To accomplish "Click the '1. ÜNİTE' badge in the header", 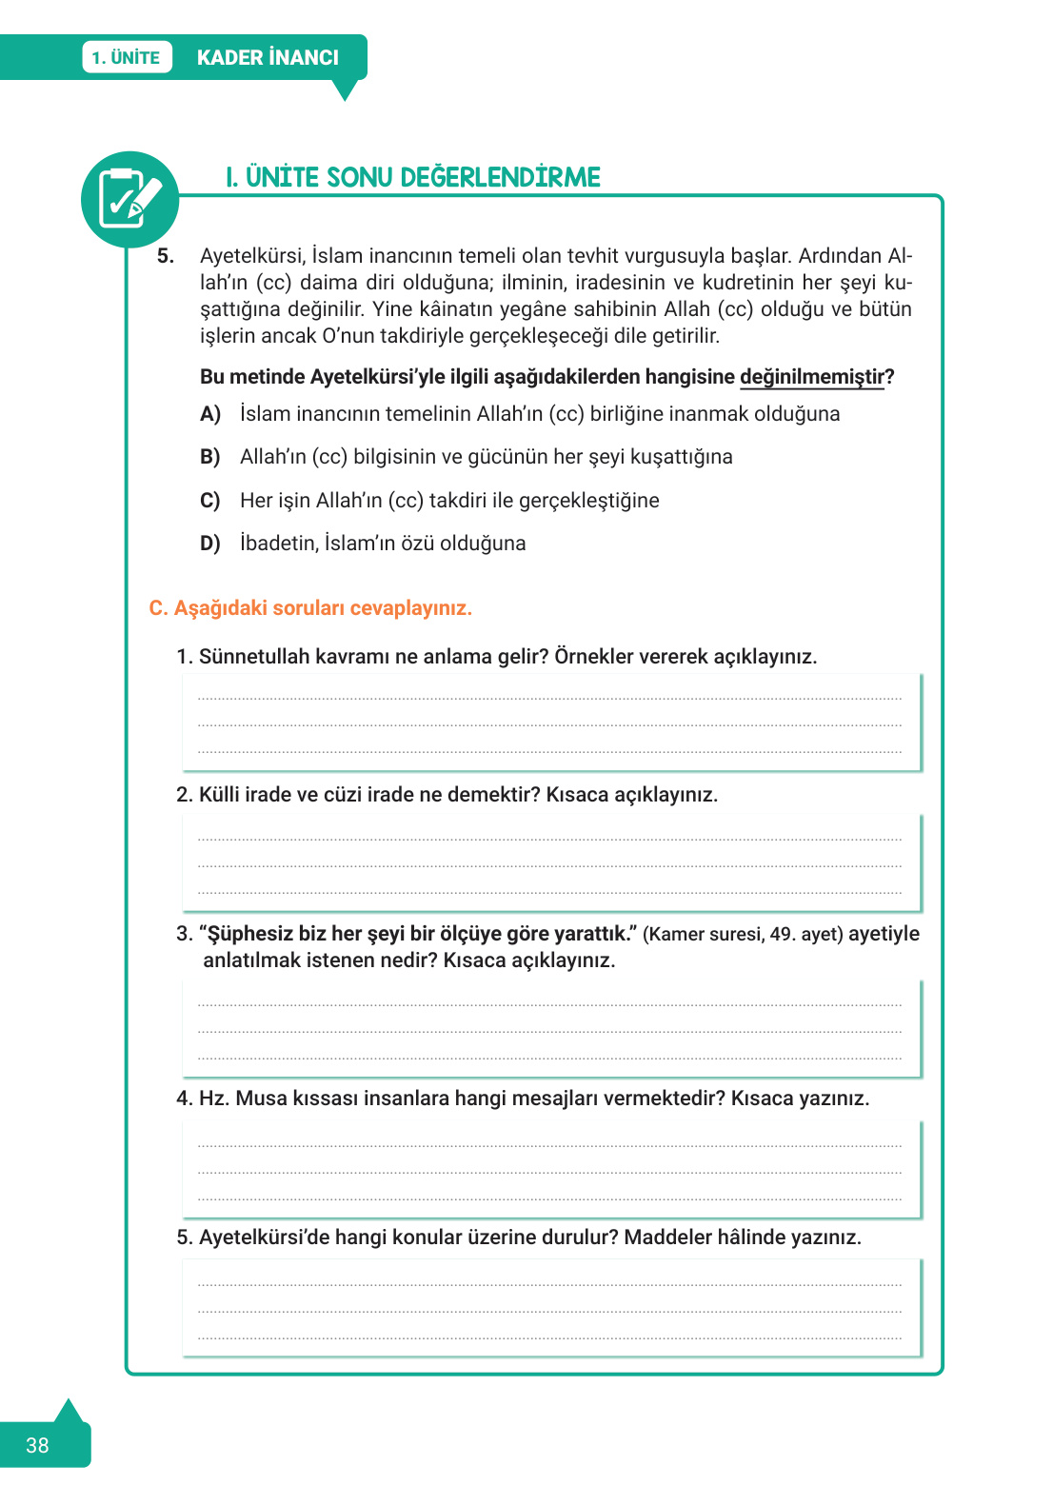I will click(127, 57).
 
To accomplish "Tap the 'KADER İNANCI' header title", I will click(268, 57).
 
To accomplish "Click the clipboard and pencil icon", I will click(129, 199).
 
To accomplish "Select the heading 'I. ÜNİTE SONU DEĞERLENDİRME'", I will click(413, 178).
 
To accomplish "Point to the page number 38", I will click(37, 1445).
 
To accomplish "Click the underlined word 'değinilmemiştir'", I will click(812, 377).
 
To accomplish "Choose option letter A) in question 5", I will click(210, 414).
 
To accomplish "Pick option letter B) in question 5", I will click(210, 457).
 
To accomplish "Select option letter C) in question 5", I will click(210, 501).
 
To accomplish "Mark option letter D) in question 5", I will click(210, 544).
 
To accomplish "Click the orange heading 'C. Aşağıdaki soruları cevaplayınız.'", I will click(310, 608).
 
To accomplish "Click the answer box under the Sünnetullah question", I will click(550, 723).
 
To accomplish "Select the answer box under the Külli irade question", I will click(550, 863).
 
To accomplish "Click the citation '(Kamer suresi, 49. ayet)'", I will click(743, 934).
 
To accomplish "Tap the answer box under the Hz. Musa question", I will click(550, 1170).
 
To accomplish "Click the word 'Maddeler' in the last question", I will click(667, 1237).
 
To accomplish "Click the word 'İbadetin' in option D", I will click(279, 544).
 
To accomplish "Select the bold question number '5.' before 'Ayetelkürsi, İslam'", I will click(166, 256).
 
